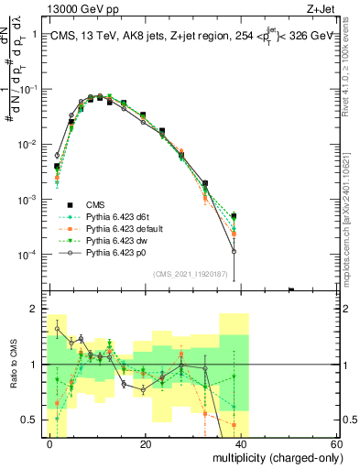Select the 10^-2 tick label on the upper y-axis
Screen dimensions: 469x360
(x=27, y=145)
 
